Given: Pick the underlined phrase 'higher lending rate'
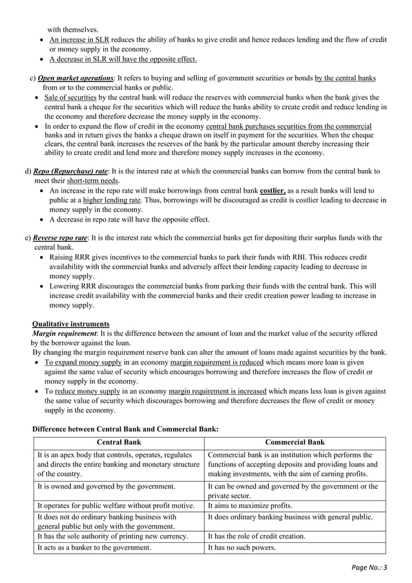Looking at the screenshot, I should point(113,200).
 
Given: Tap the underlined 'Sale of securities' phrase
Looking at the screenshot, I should point(71,97).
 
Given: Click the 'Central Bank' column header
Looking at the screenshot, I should point(119,442).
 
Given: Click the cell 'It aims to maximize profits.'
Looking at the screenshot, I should point(250,505).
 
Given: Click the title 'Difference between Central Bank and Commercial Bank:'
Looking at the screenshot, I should point(125,429).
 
